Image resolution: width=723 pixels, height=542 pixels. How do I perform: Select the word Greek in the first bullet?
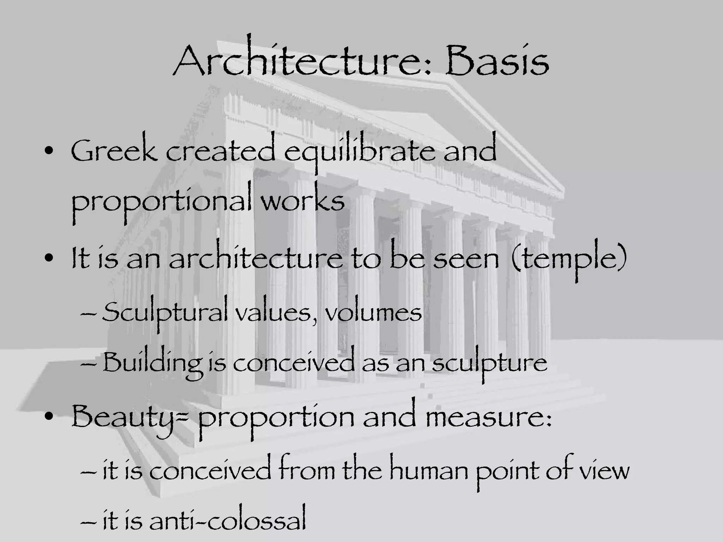point(114,152)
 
